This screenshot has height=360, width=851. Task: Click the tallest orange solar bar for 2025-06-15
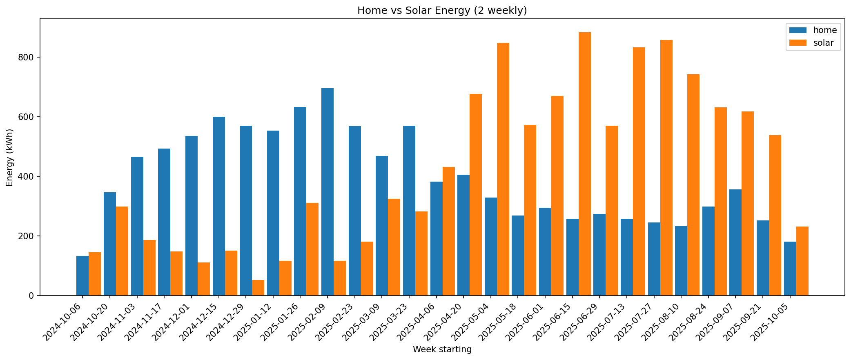(584, 163)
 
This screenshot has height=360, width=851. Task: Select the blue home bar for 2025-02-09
(327, 192)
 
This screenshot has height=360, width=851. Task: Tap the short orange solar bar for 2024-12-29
(258, 288)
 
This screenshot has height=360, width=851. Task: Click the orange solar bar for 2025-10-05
(802, 261)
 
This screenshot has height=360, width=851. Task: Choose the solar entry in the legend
(823, 43)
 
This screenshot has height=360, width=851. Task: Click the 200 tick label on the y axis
(28, 236)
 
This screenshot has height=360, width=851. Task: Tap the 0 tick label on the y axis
(31, 296)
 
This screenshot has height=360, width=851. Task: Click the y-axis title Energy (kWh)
(10, 157)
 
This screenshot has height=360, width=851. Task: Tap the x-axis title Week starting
(442, 349)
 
